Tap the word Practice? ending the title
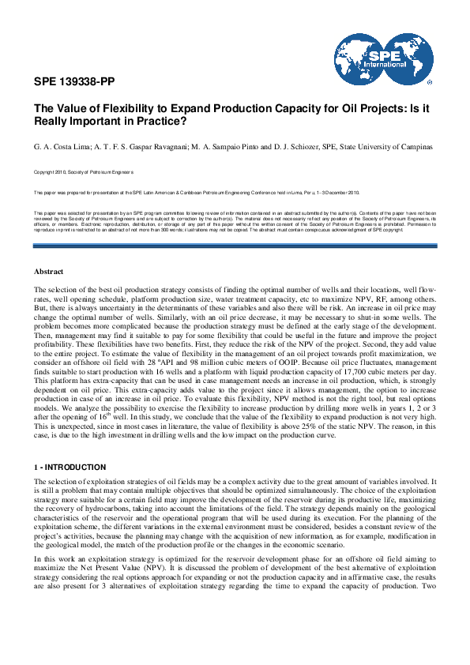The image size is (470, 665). tap(154, 122)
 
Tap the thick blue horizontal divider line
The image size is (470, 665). tap(235, 246)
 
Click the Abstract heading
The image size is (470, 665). tap(48, 272)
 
